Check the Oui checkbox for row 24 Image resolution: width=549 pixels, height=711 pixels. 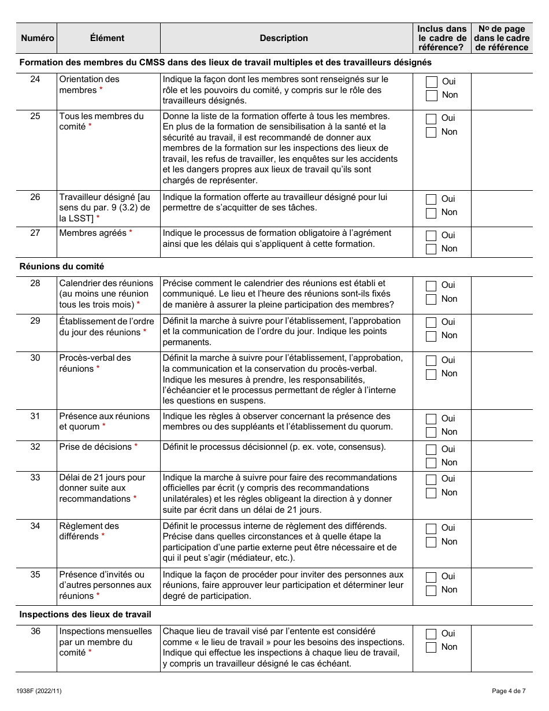pyautogui.click(x=431, y=82)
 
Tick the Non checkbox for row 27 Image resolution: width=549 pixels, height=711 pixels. pyautogui.click(x=431, y=249)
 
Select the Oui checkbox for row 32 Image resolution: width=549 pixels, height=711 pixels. pyautogui.click(x=431, y=449)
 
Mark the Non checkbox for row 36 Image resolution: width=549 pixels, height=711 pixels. pyautogui.click(x=431, y=647)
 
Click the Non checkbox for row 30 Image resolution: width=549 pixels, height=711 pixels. pyautogui.click(x=431, y=374)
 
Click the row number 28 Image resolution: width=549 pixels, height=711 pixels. pyautogui.click(x=35, y=283)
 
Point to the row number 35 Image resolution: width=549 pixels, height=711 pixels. pyautogui.click(x=35, y=575)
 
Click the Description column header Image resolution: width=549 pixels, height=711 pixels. pyautogui.click(x=284, y=38)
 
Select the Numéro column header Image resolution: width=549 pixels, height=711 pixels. pyautogui.click(x=38, y=38)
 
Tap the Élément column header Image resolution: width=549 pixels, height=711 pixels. pyautogui.click(x=107, y=38)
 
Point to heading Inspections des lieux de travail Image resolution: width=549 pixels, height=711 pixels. pyautogui.click(x=86, y=614)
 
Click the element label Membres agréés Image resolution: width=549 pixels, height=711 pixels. pyautogui.click(x=93, y=233)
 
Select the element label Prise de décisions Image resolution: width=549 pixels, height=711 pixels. pyautogui.click(x=95, y=446)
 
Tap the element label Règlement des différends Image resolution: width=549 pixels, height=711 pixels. pyautogui.click(x=89, y=531)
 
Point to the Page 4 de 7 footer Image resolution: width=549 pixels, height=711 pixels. pyautogui.click(x=509, y=691)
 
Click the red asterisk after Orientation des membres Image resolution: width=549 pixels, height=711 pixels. pyautogui.click(x=101, y=90)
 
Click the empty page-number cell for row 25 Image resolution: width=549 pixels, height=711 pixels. pyautogui.click(x=502, y=150)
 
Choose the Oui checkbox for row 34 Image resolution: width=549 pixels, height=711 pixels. pyautogui.click(x=431, y=528)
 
